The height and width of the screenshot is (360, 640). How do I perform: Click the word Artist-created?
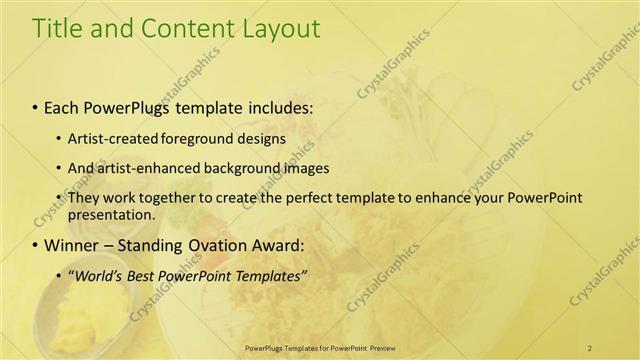coord(109,138)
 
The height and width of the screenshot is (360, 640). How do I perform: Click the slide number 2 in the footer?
coord(590,347)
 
